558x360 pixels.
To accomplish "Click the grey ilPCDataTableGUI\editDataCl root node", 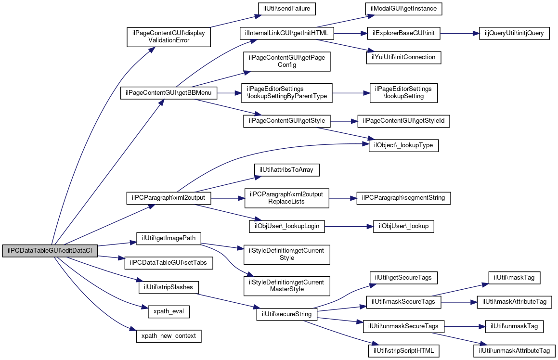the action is click(x=50, y=251).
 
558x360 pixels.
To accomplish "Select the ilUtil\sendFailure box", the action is click(x=287, y=9).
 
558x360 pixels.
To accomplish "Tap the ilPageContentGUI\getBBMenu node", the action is click(x=169, y=93).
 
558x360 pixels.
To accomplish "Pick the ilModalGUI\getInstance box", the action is click(x=403, y=9).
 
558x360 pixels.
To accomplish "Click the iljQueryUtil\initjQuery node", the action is click(x=514, y=33).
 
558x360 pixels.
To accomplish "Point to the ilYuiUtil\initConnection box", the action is click(x=403, y=58).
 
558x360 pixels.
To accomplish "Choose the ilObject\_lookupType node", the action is click(x=403, y=145).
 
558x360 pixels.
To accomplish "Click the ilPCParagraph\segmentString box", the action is click(x=403, y=198).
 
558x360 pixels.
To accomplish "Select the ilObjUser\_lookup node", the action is click(x=403, y=227).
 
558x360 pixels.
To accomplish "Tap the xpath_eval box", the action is click(x=169, y=312).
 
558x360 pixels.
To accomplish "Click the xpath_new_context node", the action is click(x=169, y=336).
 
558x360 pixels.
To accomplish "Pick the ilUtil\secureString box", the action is click(x=287, y=314).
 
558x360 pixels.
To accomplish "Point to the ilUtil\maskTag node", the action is click(x=514, y=278).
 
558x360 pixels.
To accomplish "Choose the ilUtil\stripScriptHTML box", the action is click(x=403, y=351).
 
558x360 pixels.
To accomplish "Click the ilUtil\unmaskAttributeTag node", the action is click(x=514, y=351).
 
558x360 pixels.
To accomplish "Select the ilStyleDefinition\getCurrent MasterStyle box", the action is click(x=287, y=286).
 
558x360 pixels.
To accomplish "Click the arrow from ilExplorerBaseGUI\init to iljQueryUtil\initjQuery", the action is click(x=460, y=33).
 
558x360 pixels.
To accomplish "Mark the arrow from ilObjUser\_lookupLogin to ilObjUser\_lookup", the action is click(x=349, y=227).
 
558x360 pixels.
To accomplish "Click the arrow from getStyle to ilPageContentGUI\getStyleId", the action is click(x=344, y=122).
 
